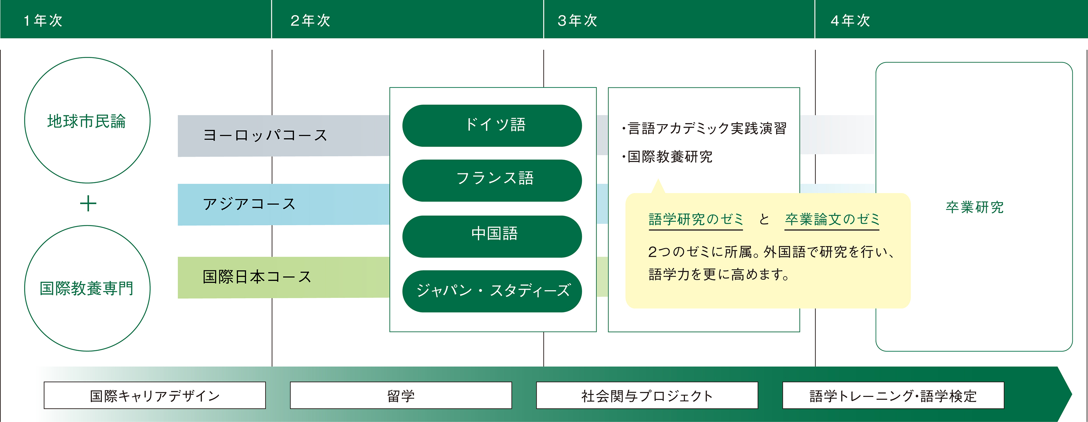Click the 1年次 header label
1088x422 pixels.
43,20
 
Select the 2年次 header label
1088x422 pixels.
310,20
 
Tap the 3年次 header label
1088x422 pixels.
577,20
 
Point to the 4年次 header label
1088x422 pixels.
850,20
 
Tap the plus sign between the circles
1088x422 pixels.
88,204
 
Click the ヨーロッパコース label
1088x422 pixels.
265,135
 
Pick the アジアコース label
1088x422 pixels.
249,204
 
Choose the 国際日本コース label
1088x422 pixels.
257,277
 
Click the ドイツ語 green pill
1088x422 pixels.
492,126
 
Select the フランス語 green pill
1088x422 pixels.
492,180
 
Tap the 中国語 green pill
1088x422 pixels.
492,237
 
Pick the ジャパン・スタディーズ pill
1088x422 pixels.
492,291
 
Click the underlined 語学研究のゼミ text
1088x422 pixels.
696,220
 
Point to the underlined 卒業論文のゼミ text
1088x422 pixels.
832,220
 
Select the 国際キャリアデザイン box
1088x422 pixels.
154,396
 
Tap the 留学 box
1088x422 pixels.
401,396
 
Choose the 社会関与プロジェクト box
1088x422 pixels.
647,396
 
